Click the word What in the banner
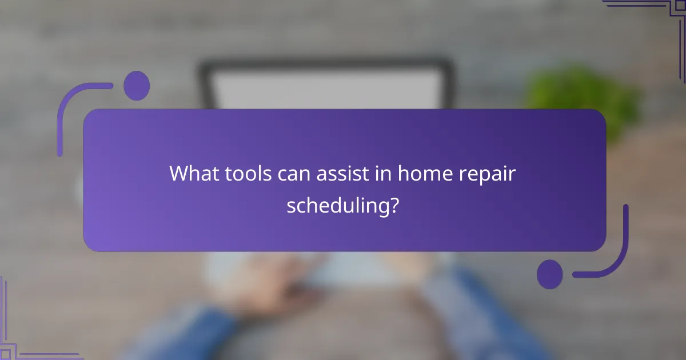(x=192, y=173)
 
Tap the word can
(x=293, y=173)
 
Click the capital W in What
(x=178, y=173)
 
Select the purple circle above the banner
(x=137, y=86)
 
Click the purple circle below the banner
(x=549, y=274)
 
